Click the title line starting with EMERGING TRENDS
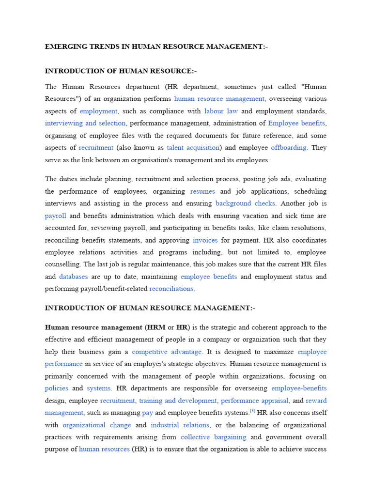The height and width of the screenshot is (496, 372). point(156,46)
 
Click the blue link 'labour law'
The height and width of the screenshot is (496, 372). point(221,111)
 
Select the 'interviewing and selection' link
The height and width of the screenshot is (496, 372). point(85,123)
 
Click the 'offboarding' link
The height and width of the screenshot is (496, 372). point(289,147)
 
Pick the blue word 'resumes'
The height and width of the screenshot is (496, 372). point(202,191)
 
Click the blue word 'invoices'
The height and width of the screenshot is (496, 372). point(205,240)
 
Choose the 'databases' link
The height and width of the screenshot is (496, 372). point(74,277)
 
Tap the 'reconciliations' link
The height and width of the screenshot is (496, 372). point(171,289)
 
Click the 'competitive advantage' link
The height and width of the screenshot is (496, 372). point(167,352)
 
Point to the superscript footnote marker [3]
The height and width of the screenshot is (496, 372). point(252,411)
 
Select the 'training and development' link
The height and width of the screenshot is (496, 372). point(178,401)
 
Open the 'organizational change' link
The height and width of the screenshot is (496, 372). point(97,425)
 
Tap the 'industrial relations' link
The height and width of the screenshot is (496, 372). point(180,425)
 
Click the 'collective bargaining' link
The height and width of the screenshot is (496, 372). point(213,437)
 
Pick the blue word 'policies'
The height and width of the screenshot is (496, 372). point(57,388)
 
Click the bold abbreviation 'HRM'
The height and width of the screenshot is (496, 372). point(155,327)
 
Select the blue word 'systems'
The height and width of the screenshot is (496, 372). point(99,388)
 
